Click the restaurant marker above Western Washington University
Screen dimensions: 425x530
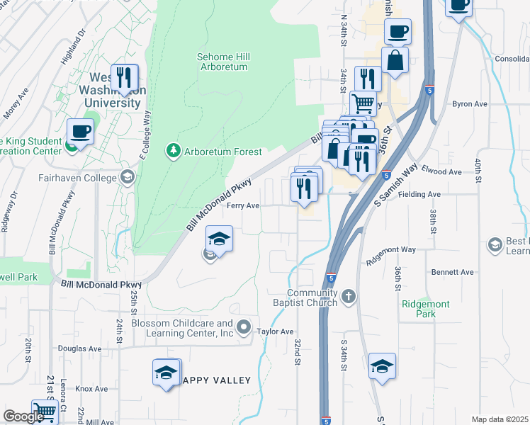click(x=125, y=78)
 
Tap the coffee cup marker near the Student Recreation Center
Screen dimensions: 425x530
click(x=81, y=132)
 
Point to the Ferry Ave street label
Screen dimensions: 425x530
click(x=243, y=206)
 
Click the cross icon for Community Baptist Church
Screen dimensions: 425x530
click(x=348, y=296)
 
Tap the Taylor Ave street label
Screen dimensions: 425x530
click(x=275, y=331)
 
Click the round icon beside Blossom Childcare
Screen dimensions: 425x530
click(x=244, y=327)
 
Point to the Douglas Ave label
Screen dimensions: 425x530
click(x=80, y=348)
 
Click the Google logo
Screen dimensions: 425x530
click(x=23, y=416)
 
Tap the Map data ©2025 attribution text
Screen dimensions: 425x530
click(x=499, y=419)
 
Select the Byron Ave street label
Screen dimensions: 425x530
click(x=470, y=104)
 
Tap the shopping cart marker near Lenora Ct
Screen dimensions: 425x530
click(x=45, y=410)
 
